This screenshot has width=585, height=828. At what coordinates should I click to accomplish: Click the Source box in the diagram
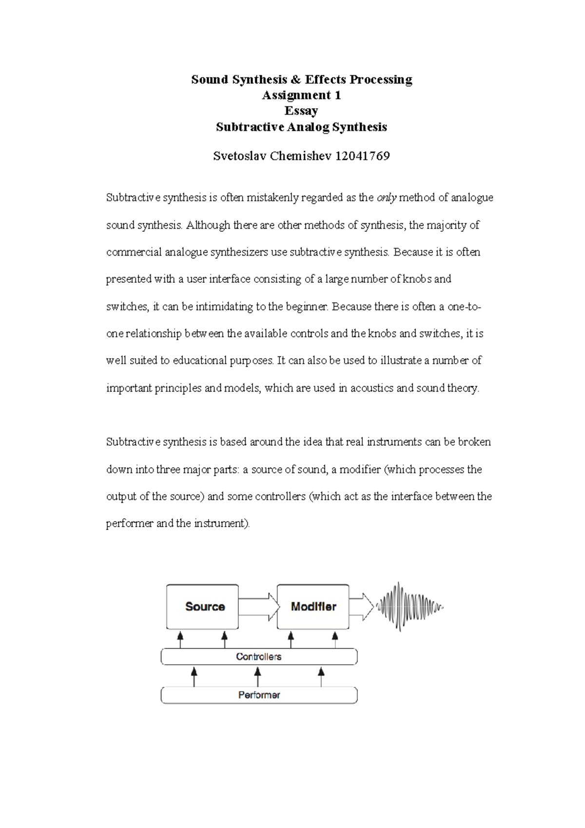tap(202, 607)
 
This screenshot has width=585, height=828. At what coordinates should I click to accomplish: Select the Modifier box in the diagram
tap(313, 607)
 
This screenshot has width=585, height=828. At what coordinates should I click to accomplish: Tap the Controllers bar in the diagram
tap(259, 657)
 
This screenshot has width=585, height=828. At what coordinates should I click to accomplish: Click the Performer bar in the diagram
tap(259, 695)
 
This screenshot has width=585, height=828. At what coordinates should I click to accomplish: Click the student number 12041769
tap(363, 156)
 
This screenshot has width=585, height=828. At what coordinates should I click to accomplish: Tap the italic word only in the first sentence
tap(387, 198)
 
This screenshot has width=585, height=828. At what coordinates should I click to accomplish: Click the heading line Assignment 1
tap(301, 95)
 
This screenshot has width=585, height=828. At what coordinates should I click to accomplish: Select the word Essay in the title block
tap(301, 111)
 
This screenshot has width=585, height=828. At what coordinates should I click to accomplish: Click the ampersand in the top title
tap(296, 79)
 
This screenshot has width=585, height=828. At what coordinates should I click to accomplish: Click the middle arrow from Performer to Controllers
tap(258, 677)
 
